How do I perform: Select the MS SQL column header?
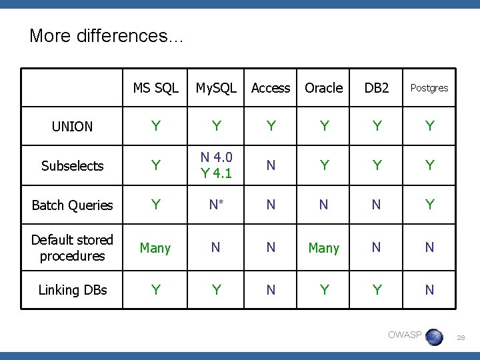click(x=155, y=88)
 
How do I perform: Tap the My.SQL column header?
click(x=216, y=88)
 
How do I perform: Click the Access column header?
click(x=271, y=88)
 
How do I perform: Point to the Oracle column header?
click(x=323, y=88)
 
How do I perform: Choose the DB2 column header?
click(x=377, y=88)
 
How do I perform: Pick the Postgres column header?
click(x=429, y=88)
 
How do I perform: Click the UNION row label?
click(x=72, y=127)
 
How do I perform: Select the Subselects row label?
click(x=72, y=166)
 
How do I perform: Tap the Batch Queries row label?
click(x=72, y=205)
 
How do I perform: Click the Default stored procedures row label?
click(x=72, y=247)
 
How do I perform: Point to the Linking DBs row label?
click(x=72, y=290)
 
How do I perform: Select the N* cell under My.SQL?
click(x=216, y=205)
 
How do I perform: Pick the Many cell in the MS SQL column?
click(x=155, y=248)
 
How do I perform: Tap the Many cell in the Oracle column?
click(x=323, y=248)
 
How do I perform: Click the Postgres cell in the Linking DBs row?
click(x=429, y=290)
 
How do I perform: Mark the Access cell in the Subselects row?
click(x=271, y=166)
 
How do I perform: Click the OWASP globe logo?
click(x=434, y=337)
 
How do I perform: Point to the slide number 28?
click(x=460, y=339)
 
